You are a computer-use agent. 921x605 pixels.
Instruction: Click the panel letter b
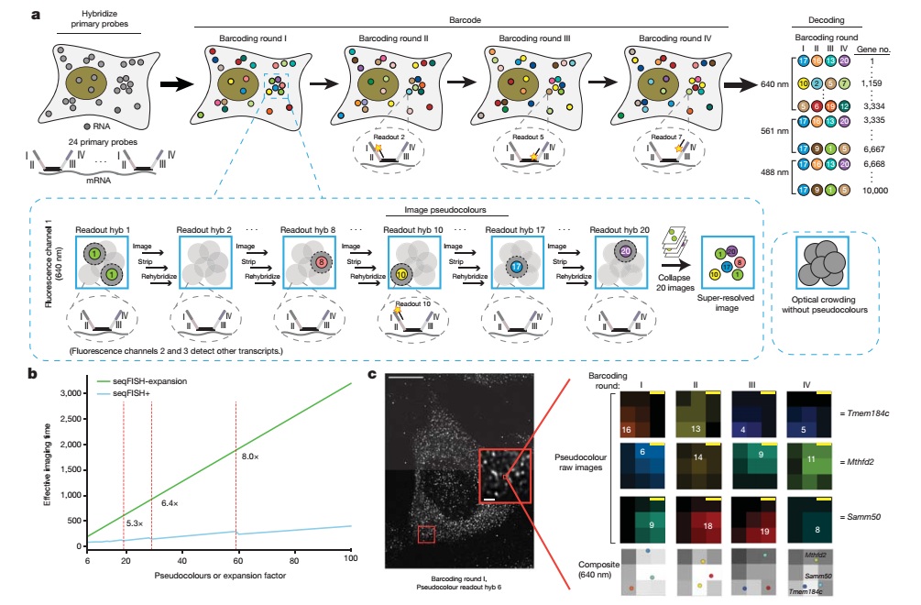[x=32, y=373]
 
